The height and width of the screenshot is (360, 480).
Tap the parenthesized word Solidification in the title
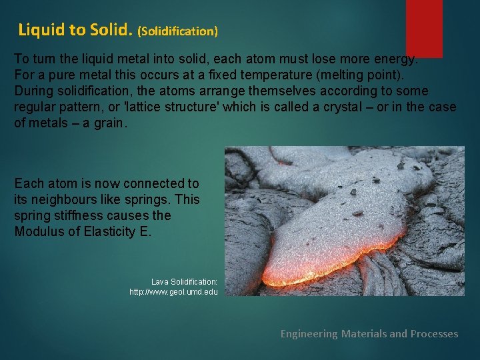click(178, 31)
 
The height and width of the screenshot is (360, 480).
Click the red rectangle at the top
click(424, 27)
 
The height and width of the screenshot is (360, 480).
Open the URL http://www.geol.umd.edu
click(173, 292)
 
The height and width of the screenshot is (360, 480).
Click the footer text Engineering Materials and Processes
click(369, 333)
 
